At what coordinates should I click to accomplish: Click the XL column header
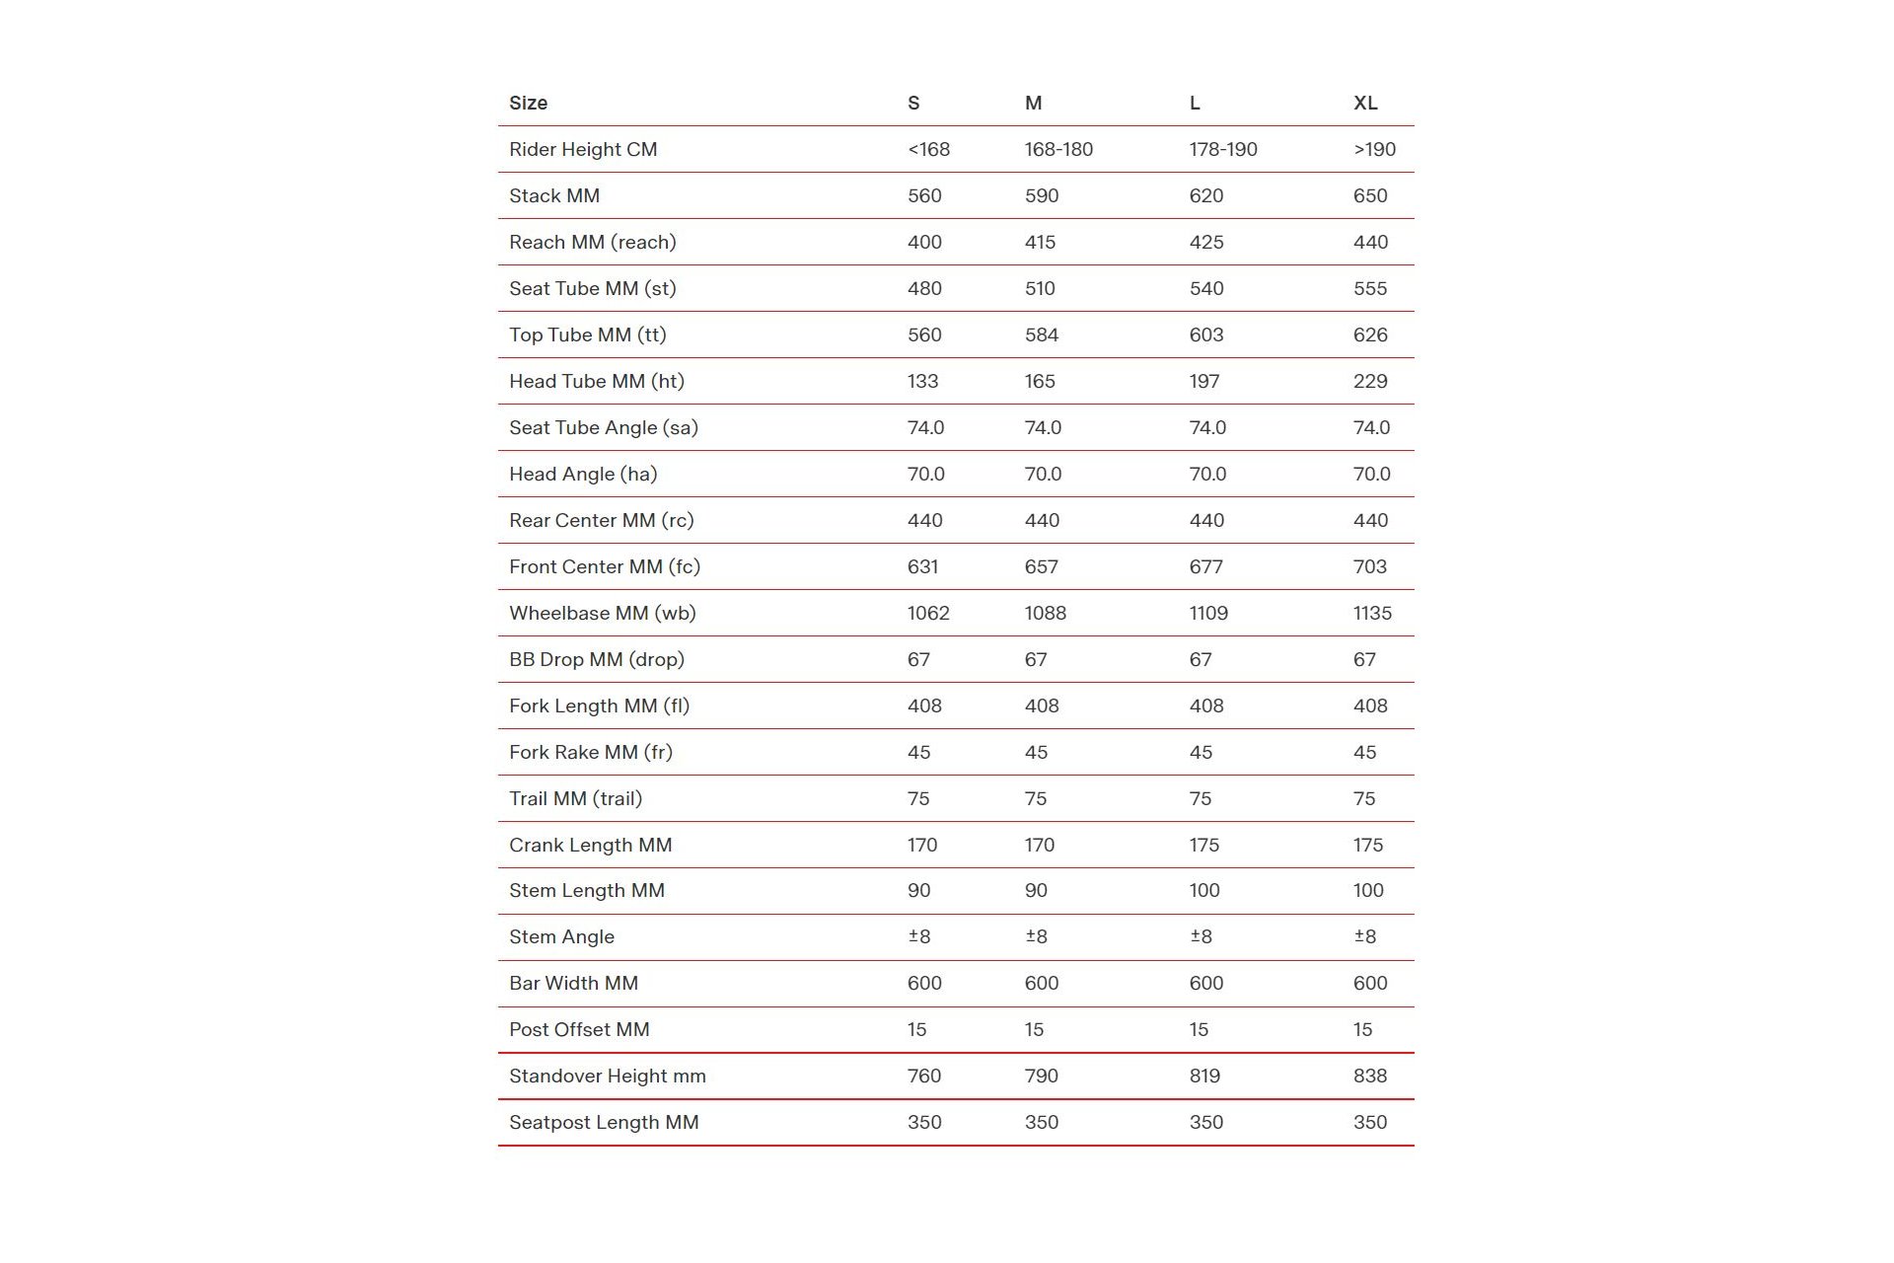click(1365, 103)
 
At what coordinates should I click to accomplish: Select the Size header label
click(528, 103)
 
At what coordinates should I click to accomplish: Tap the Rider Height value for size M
click(1058, 149)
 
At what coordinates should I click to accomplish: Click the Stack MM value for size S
click(924, 195)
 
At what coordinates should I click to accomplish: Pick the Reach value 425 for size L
click(1205, 242)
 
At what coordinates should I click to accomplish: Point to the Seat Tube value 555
click(1369, 288)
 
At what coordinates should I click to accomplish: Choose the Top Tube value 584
click(1041, 334)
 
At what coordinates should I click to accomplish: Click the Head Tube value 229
click(1369, 381)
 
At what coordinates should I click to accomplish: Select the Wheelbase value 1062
click(928, 613)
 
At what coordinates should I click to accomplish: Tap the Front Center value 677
click(1205, 566)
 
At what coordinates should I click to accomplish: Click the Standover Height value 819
click(1204, 1076)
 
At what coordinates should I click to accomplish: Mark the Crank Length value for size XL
click(1367, 845)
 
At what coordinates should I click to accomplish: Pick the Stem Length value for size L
click(1204, 890)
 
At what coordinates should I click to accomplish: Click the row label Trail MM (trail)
click(575, 798)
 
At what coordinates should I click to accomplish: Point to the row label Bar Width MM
click(573, 983)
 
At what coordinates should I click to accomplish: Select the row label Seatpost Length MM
click(604, 1122)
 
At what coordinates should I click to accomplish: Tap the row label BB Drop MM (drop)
click(596, 659)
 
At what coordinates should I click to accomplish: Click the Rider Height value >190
click(1374, 149)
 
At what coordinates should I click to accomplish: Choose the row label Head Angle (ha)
click(583, 474)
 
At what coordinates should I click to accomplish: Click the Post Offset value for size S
click(916, 1029)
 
